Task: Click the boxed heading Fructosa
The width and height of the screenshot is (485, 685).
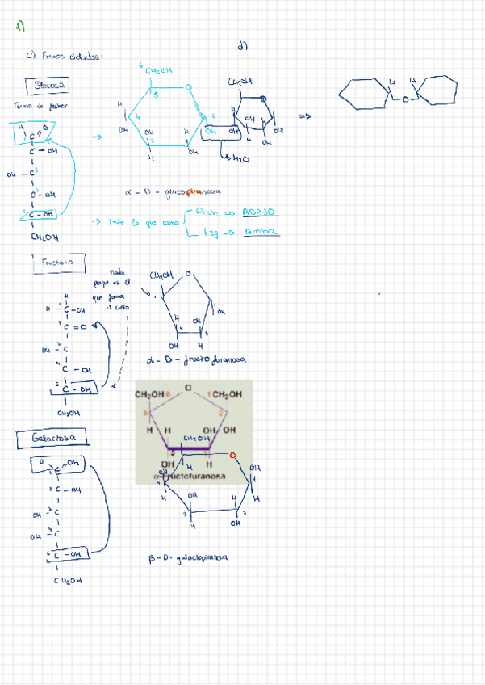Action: (x=58, y=263)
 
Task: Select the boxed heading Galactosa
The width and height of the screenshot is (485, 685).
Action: (x=52, y=438)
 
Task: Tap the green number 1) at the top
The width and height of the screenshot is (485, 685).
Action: (x=20, y=27)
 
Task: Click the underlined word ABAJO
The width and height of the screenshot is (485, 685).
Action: (x=260, y=212)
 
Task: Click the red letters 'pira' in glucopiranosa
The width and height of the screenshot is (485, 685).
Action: (x=193, y=192)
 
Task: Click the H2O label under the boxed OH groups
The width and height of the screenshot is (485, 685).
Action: (x=240, y=159)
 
